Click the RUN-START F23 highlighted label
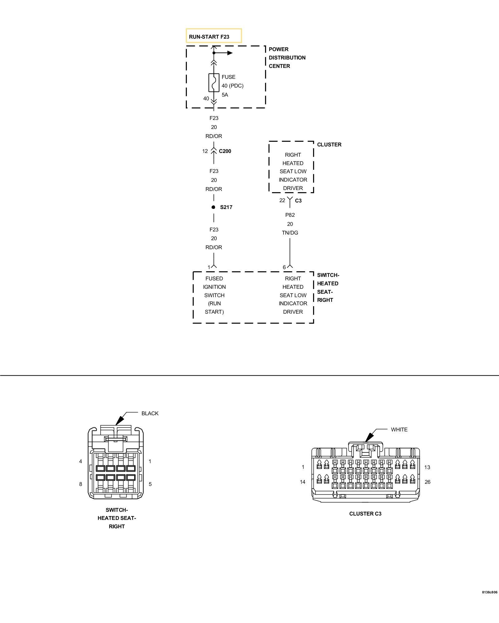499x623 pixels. click(x=214, y=36)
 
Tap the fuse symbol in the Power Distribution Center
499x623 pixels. click(x=214, y=83)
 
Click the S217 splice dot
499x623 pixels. click(x=213, y=207)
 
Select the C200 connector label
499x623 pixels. click(x=225, y=151)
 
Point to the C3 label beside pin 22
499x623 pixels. click(x=298, y=201)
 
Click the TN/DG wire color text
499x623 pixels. click(x=290, y=233)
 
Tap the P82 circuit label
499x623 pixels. click(x=290, y=215)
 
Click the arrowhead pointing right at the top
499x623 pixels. click(x=230, y=53)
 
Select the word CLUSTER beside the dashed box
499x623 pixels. click(x=329, y=145)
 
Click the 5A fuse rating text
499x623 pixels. click(x=225, y=95)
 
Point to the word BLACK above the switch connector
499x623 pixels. click(x=150, y=413)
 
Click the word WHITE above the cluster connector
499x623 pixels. click(x=399, y=430)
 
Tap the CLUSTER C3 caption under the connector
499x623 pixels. click(x=365, y=514)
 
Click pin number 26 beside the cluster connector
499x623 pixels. click(x=427, y=482)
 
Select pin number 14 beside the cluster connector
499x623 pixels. click(x=303, y=482)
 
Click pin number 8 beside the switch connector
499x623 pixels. click(x=80, y=484)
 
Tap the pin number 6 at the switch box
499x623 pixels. click(x=284, y=267)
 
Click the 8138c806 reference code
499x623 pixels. click(x=489, y=592)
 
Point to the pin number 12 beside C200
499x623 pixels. click(x=205, y=151)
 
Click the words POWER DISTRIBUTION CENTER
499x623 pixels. click(x=287, y=58)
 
